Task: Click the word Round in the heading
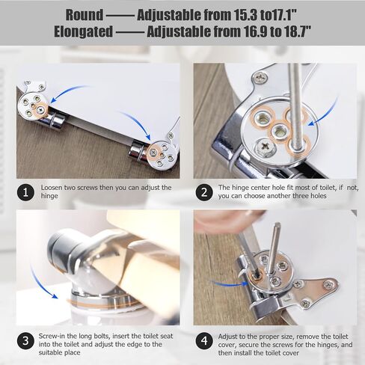coord(85,15)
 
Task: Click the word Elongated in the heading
coord(84,31)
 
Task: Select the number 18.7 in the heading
coord(297,31)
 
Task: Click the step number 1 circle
coord(25,192)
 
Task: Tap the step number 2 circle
coord(204,192)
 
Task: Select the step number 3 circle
coord(25,341)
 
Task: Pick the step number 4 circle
coord(204,341)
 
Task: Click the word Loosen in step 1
coord(52,188)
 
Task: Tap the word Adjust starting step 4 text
coord(227,337)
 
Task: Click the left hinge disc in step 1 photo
coord(33,107)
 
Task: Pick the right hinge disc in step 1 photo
coord(162,154)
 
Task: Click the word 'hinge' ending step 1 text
coord(49,196)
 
